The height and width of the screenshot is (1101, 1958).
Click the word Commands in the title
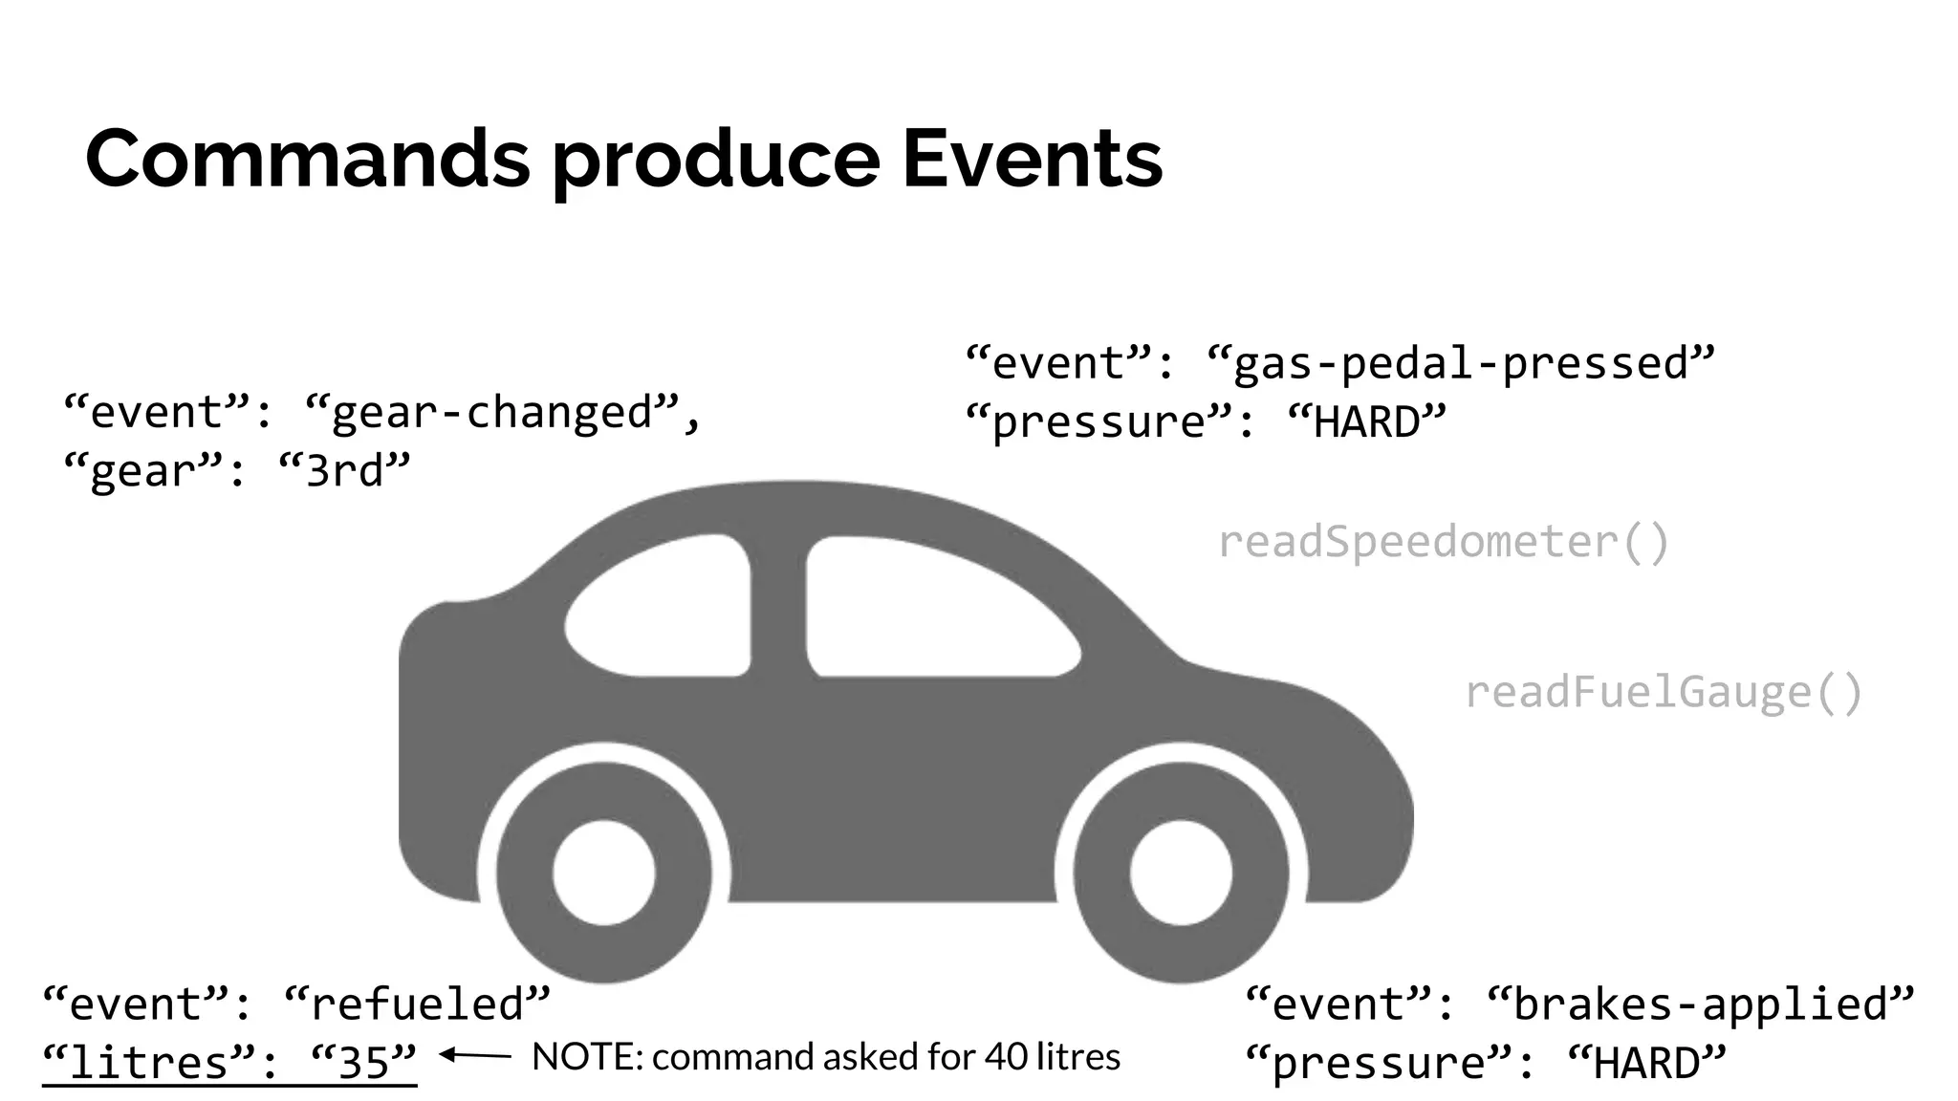point(307,159)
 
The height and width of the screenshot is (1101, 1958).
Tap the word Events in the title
point(1033,159)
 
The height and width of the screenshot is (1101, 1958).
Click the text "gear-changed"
point(491,413)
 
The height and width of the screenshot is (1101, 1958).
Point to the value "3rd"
point(344,470)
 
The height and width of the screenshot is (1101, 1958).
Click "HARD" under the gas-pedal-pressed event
point(1367,422)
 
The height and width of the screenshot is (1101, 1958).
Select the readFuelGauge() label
point(1664,692)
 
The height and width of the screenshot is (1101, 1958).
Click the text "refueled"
point(418,1004)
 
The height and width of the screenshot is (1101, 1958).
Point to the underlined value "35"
point(364,1062)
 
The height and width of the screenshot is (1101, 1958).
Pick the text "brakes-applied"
point(1701,1004)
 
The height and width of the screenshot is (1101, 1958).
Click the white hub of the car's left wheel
point(604,873)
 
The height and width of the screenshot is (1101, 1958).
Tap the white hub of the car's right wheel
point(1181,873)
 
